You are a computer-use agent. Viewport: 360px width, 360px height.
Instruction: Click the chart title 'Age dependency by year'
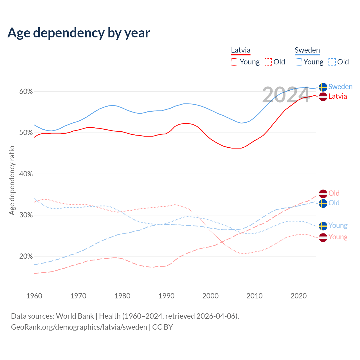(79, 33)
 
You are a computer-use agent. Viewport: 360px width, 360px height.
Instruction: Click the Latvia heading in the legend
(240, 50)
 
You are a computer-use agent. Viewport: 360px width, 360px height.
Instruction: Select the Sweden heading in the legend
(307, 50)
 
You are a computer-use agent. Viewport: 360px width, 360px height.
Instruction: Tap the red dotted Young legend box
(235, 62)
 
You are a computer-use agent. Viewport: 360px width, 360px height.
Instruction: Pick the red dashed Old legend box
(268, 62)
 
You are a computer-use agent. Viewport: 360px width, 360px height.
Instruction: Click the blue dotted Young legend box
(298, 62)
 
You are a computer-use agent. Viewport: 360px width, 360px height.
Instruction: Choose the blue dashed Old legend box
(332, 62)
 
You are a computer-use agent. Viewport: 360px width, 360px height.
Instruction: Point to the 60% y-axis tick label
(26, 92)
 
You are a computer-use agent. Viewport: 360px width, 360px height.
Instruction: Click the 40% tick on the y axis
(26, 174)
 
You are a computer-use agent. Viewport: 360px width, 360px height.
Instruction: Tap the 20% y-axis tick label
(26, 256)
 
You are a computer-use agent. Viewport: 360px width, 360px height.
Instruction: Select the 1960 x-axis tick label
(34, 296)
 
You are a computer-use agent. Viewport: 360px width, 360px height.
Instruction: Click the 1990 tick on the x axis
(166, 296)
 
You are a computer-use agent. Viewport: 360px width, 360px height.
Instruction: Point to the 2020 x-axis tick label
(298, 296)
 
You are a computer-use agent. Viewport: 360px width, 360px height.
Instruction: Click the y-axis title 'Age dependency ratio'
(12, 180)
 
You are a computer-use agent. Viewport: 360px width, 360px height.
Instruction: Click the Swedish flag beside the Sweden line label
(323, 87)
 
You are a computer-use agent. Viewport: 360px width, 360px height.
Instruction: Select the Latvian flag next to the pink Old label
(323, 193)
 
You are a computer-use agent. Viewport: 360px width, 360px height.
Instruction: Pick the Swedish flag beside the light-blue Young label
(323, 226)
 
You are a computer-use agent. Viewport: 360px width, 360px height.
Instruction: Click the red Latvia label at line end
(337, 96)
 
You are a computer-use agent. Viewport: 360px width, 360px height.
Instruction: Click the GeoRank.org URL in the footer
(79, 327)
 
